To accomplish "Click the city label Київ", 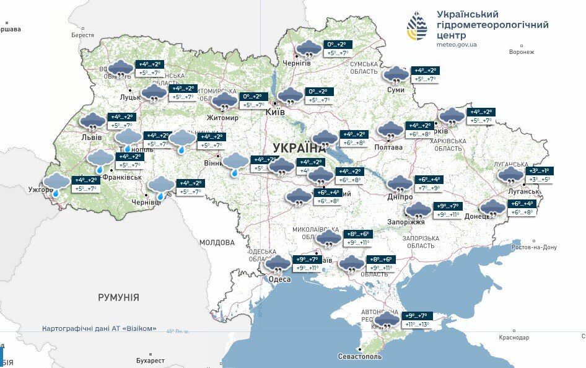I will pyautogui.click(x=274, y=112).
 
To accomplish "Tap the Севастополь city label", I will pyautogui.click(x=360, y=356).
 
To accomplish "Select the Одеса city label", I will pyautogui.click(x=279, y=279).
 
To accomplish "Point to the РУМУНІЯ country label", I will pyautogui.click(x=118, y=297).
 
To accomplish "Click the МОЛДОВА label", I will pyautogui.click(x=217, y=242).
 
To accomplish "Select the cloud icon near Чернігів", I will pyautogui.click(x=308, y=49).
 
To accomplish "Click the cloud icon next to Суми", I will pyautogui.click(x=396, y=75).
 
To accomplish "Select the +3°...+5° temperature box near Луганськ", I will pyautogui.click(x=537, y=180).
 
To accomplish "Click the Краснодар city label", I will pyautogui.click(x=514, y=338).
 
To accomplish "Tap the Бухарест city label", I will pyautogui.click(x=151, y=360).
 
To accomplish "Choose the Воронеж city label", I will pyautogui.click(x=521, y=52).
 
